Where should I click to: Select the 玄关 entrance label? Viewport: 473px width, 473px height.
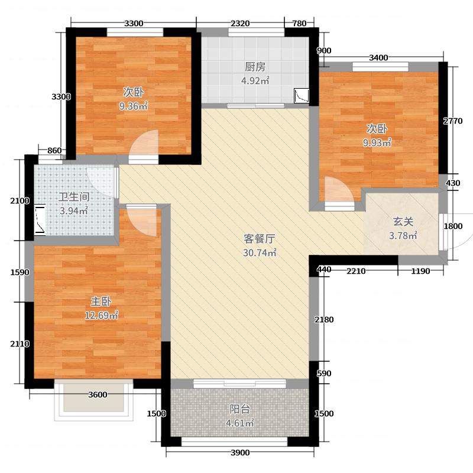(x=403, y=222)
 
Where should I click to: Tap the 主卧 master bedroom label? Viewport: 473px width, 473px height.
(x=102, y=302)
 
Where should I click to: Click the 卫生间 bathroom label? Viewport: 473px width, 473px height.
(x=74, y=197)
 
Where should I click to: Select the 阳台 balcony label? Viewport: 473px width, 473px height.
(x=239, y=409)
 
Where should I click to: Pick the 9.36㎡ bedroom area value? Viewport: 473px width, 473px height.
(x=133, y=106)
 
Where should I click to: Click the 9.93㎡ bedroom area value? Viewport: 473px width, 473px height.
(x=377, y=142)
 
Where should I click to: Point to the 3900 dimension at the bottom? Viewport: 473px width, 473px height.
(x=239, y=453)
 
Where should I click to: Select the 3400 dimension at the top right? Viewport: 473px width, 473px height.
(x=378, y=57)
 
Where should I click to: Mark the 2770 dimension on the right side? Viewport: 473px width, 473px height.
(x=452, y=121)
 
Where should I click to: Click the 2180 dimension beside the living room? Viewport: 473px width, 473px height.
(x=325, y=320)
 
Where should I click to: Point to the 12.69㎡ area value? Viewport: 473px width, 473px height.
(x=102, y=316)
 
